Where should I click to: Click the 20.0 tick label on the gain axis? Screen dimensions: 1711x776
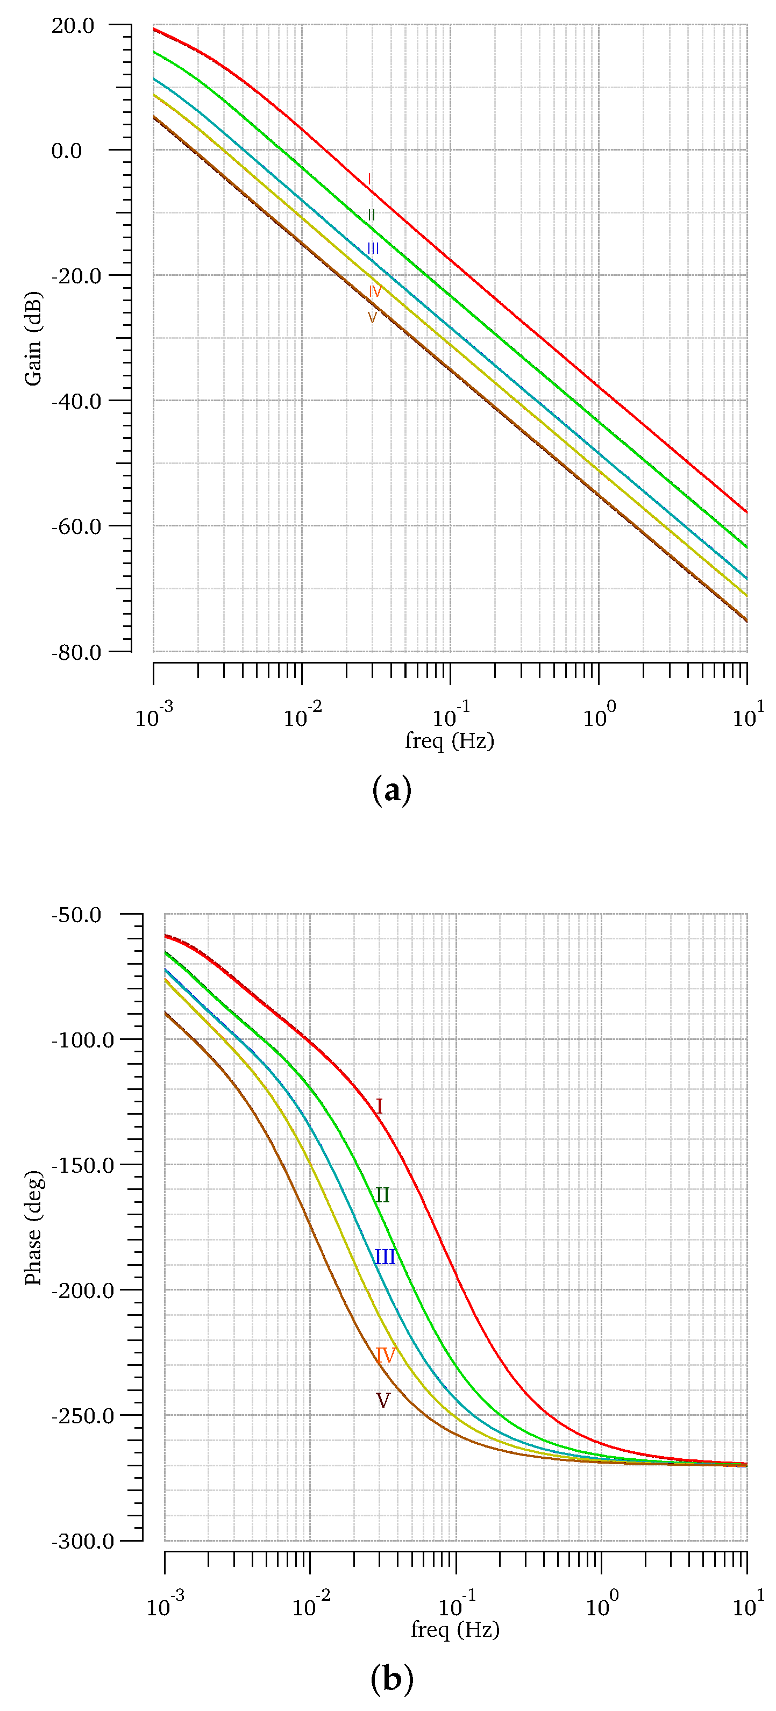pyautogui.click(x=73, y=26)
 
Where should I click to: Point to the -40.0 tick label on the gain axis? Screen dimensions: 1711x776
pyautogui.click(x=76, y=401)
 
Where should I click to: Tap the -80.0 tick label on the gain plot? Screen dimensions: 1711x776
pyautogui.click(x=76, y=652)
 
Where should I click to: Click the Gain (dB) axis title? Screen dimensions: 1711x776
pyautogui.click(x=33, y=338)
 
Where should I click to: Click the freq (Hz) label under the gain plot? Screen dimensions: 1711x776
pyautogui.click(x=450, y=740)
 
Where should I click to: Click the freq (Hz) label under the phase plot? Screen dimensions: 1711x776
pyautogui.click(x=455, y=1629)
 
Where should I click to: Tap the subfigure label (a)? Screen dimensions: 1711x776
pyautogui.click(x=392, y=790)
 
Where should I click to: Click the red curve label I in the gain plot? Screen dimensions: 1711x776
pyautogui.click(x=370, y=180)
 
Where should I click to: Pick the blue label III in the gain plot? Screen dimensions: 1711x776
pyautogui.click(x=373, y=248)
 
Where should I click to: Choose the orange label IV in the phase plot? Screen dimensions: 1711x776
pyautogui.click(x=386, y=1355)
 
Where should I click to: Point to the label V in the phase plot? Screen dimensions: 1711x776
pyautogui.click(x=383, y=1400)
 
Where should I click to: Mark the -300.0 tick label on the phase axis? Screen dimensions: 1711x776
pyautogui.click(x=82, y=1541)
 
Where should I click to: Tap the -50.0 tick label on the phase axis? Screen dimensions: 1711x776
pyautogui.click(x=76, y=915)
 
